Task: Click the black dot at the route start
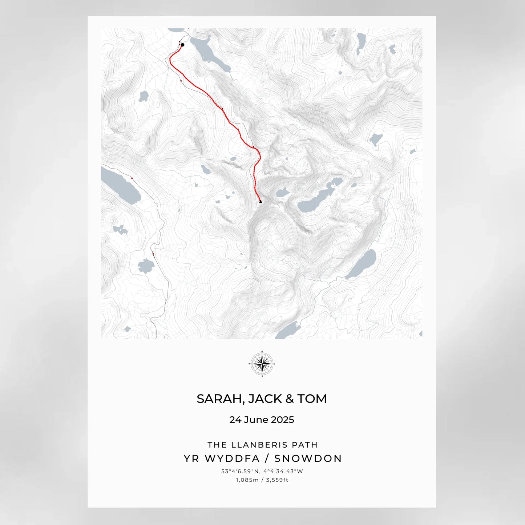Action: tap(182, 45)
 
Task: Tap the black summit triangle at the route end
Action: tap(261, 202)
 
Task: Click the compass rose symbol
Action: tap(262, 364)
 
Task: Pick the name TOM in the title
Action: tap(312, 399)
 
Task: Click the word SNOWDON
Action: tap(308, 459)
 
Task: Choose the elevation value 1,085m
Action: tap(247, 480)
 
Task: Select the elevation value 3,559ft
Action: tap(277, 480)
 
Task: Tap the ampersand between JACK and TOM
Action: tap(290, 399)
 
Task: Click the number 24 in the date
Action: tap(235, 420)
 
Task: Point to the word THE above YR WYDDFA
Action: tap(217, 445)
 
